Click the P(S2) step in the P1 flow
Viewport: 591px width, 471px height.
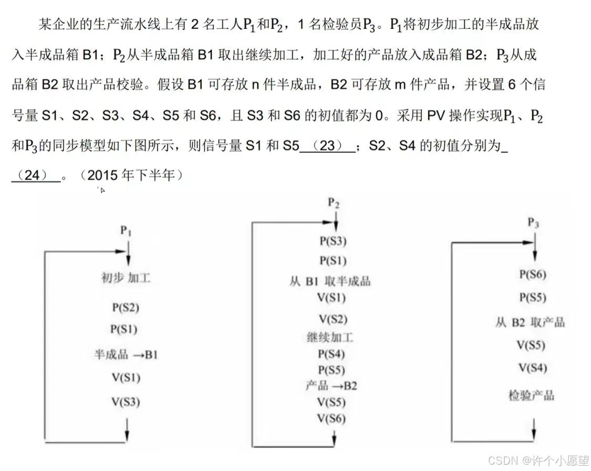125,308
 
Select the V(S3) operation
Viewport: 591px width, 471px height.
125,402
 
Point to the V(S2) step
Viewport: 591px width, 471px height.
333,319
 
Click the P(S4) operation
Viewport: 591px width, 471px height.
331,354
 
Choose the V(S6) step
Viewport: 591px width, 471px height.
331,418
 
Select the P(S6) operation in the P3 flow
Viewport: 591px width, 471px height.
532,274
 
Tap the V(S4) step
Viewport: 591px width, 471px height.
532,368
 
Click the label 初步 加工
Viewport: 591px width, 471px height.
126,278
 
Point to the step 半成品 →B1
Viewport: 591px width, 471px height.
126,355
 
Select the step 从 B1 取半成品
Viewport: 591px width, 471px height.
330,281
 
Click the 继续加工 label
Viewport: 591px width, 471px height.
330,337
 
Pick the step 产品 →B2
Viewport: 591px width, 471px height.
331,386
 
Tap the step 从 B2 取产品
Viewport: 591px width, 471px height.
530,322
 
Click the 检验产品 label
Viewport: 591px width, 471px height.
531,395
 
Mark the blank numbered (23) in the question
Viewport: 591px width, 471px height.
327,146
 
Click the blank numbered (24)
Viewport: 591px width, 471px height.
35,175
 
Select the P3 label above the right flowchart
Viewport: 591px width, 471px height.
533,223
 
